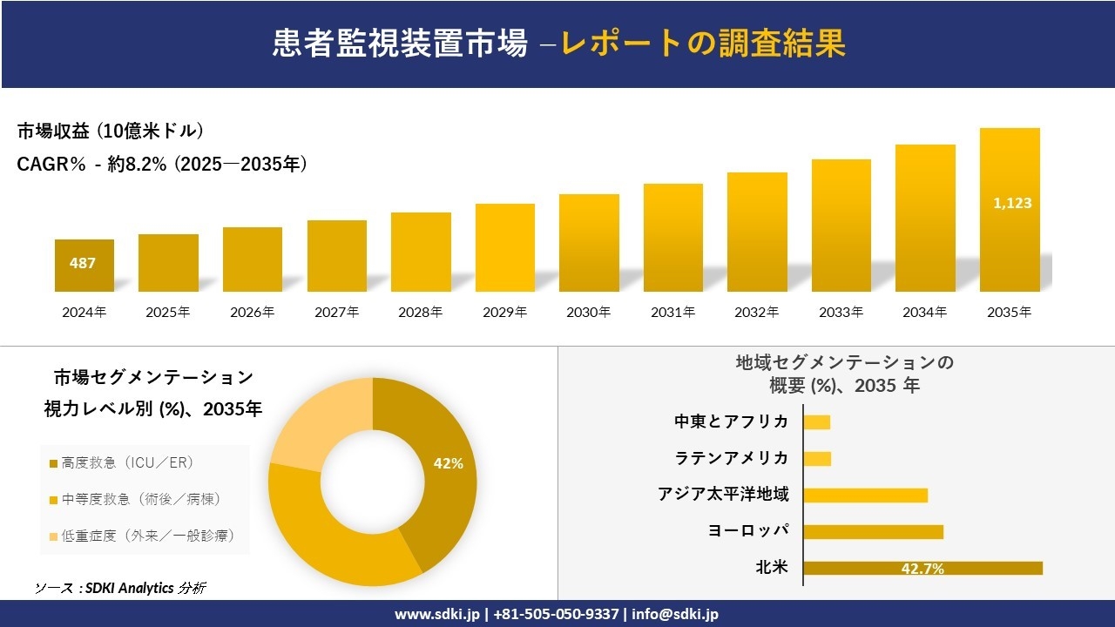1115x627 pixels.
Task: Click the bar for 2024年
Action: pyautogui.click(x=84, y=266)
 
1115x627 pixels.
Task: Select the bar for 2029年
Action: pyautogui.click(x=505, y=247)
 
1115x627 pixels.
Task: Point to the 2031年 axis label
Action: pyautogui.click(x=672, y=312)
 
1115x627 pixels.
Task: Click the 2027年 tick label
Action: pyautogui.click(x=336, y=312)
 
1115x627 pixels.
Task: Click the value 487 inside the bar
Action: pyautogui.click(x=83, y=263)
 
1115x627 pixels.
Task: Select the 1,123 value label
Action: pyautogui.click(x=1012, y=203)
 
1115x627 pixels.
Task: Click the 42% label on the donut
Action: pyautogui.click(x=448, y=463)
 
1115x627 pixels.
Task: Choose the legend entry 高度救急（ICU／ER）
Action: pyautogui.click(x=126, y=462)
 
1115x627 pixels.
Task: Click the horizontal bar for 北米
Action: pyautogui.click(x=922, y=568)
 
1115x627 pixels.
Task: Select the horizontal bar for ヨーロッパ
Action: pyautogui.click(x=873, y=531)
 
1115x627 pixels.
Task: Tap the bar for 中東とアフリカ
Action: pyautogui.click(x=816, y=422)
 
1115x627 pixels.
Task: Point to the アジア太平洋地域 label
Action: pyautogui.click(x=723, y=495)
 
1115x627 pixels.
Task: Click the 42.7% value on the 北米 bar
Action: pyautogui.click(x=922, y=569)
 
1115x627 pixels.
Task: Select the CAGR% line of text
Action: pyautogui.click(x=162, y=164)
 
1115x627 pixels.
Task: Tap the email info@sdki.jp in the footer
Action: pyautogui.click(x=675, y=614)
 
